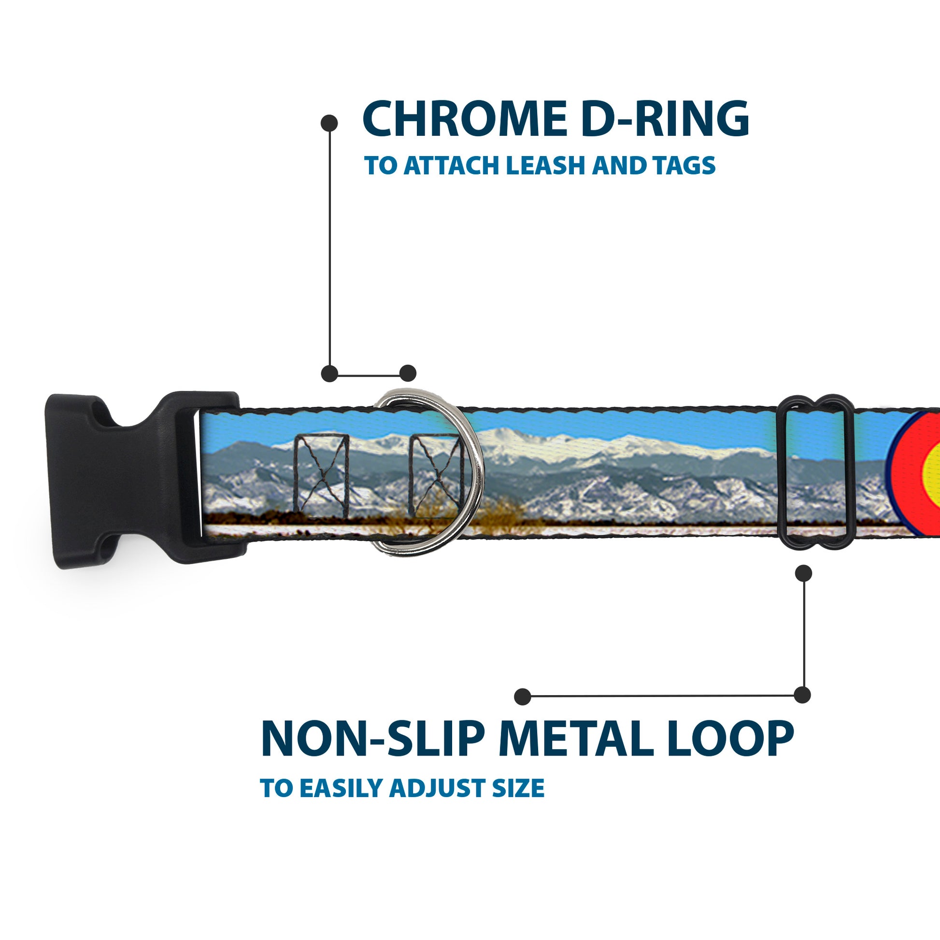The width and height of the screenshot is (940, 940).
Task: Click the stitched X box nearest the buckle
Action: click(321, 476)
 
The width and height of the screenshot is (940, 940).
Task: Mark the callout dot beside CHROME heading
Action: click(329, 123)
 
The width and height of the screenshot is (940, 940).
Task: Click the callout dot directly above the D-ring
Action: click(408, 373)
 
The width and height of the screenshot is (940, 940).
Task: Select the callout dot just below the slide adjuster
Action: click(803, 573)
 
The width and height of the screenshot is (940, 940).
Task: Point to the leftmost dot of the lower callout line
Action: click(523, 697)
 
